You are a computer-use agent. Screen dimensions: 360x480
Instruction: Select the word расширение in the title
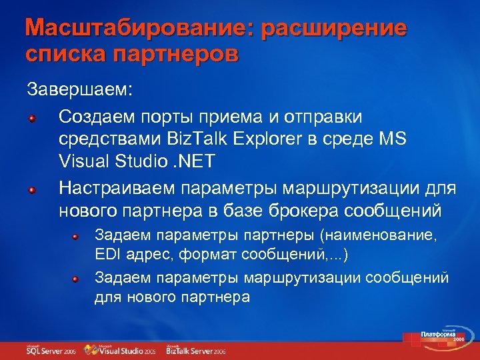pos(333,29)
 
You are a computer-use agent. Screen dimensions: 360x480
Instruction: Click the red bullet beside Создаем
pos(31,118)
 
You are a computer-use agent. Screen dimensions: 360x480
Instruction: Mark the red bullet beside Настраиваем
pos(31,190)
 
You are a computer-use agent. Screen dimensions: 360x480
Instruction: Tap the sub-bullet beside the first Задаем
pos(77,236)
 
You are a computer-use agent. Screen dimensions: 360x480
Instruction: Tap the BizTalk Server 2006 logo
pos(196,349)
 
